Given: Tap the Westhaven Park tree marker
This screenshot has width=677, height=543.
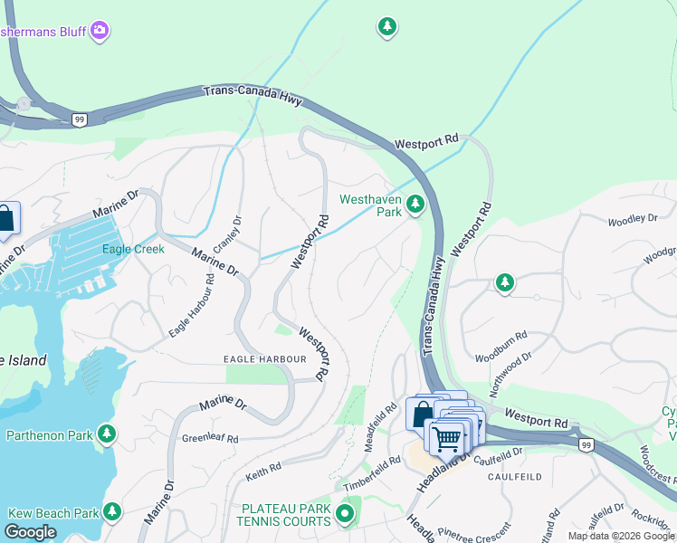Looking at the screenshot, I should click(x=415, y=205).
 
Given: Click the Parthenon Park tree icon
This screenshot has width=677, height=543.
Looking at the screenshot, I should click(x=107, y=434).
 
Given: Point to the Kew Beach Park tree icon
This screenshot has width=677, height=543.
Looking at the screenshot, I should click(x=112, y=512).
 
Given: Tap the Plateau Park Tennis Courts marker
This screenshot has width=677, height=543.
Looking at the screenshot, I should click(x=344, y=515).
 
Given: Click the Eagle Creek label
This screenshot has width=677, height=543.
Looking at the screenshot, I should click(x=133, y=248).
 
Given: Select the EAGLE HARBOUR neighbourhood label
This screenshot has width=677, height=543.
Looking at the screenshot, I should click(x=265, y=359).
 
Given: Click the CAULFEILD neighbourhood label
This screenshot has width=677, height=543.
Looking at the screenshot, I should click(x=514, y=476).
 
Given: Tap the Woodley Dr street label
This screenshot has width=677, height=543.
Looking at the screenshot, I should click(x=632, y=220).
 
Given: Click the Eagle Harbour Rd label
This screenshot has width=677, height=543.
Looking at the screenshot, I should click(x=191, y=306).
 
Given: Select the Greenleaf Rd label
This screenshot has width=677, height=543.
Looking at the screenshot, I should click(x=210, y=438).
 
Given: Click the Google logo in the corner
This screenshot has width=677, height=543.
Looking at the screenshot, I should click(x=31, y=532).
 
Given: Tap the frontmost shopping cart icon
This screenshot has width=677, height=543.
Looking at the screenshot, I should click(x=445, y=438).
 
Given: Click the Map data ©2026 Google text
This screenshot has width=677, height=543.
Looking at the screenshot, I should click(x=621, y=536).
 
